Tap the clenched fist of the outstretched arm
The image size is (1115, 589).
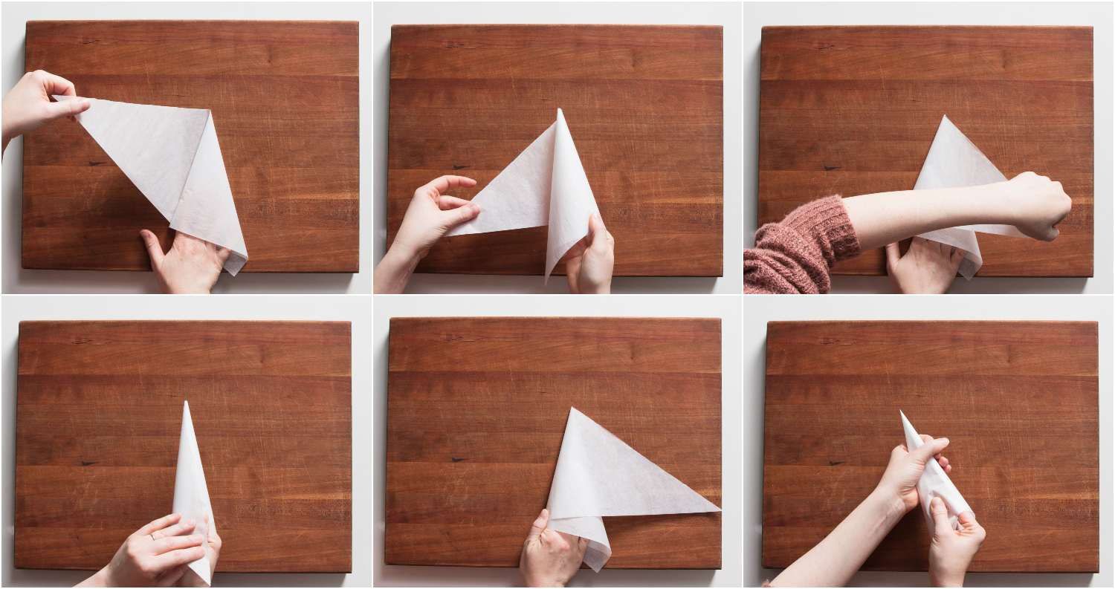click(x=1041, y=204)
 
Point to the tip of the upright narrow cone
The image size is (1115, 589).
click(x=185, y=403)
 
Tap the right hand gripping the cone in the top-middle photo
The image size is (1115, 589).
click(x=591, y=256)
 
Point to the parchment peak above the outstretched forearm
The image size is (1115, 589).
click(x=944, y=118)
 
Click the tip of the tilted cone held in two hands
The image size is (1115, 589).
click(x=902, y=413)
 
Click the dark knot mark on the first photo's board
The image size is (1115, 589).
click(x=94, y=163)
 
